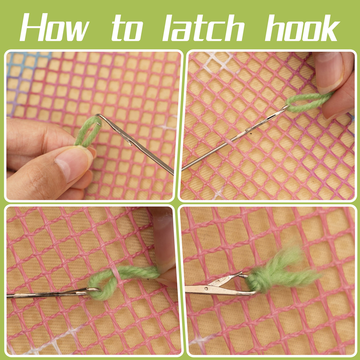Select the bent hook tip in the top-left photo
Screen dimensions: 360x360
pos(100,116)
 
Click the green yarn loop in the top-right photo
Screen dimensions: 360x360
pos(308,102)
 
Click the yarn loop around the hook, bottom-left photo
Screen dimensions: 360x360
pos(101,289)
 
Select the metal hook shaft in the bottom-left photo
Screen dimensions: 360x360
pos(44,294)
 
